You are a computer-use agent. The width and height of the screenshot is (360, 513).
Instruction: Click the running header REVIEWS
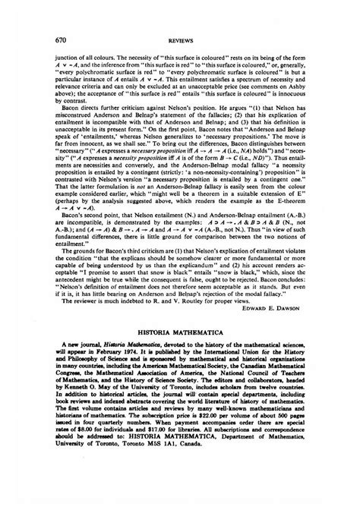180,39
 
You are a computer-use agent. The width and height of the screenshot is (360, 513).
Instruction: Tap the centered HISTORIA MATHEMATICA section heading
180,353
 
